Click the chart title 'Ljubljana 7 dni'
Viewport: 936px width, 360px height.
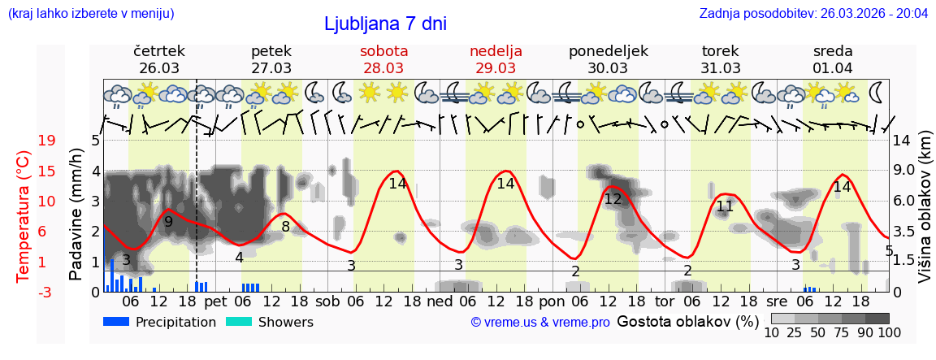coord(385,24)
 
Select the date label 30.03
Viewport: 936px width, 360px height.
coord(608,67)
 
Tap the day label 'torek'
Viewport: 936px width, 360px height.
coord(721,51)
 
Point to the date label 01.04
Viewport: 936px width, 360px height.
coord(833,67)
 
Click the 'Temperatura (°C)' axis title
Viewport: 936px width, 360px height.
coord(24,216)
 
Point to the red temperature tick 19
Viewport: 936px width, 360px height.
coord(46,141)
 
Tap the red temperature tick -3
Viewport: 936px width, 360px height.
coord(45,292)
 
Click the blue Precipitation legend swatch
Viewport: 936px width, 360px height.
coord(117,322)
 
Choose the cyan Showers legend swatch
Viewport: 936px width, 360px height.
coord(240,322)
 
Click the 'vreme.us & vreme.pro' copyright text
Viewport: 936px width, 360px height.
coord(540,323)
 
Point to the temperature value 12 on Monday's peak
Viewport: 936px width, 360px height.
coord(613,199)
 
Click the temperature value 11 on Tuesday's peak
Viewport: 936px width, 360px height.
coord(725,206)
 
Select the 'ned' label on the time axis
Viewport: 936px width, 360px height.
coord(440,301)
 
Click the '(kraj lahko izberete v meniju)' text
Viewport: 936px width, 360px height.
coord(90,13)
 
